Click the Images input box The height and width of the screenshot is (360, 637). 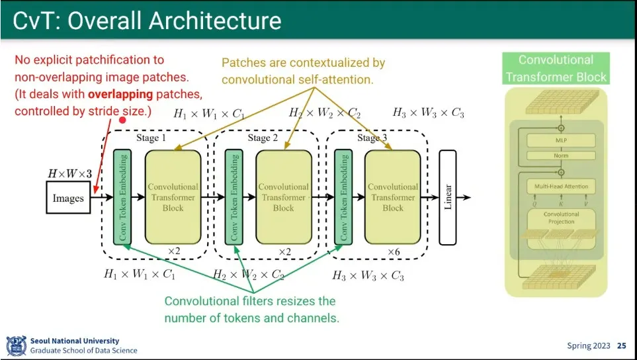tap(68, 198)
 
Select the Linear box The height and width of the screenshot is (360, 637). tap(448, 197)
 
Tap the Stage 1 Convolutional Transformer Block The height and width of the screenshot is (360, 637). tap(173, 197)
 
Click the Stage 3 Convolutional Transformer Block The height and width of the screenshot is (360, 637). tap(393, 197)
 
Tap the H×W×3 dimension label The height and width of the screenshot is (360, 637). tap(68, 174)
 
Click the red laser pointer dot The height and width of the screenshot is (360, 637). tap(122, 120)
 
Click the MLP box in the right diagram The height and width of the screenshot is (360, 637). tap(560, 140)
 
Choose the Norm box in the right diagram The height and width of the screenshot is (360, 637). tap(560, 156)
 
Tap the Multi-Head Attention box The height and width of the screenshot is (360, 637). tap(561, 187)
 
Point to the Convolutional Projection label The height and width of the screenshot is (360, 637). tap(561, 218)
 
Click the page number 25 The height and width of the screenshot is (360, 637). tap(621, 345)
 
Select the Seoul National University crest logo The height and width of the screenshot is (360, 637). tap(16, 345)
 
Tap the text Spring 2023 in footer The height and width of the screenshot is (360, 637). tap(589, 345)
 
